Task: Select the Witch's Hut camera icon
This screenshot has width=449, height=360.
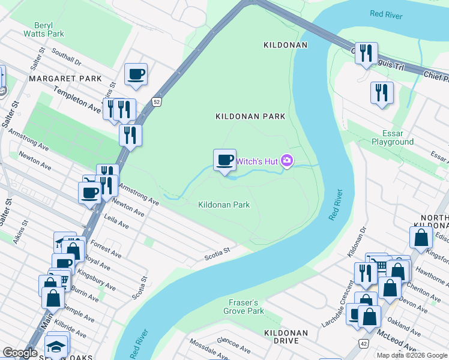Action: [288, 161]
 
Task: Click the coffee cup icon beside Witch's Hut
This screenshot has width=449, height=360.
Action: [225, 160]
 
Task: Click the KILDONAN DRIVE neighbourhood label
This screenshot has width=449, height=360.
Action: [286, 337]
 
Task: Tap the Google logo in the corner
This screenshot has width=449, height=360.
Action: [20, 353]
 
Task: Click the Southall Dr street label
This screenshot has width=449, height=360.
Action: [66, 61]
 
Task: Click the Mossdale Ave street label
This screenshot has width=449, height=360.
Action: [204, 348]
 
